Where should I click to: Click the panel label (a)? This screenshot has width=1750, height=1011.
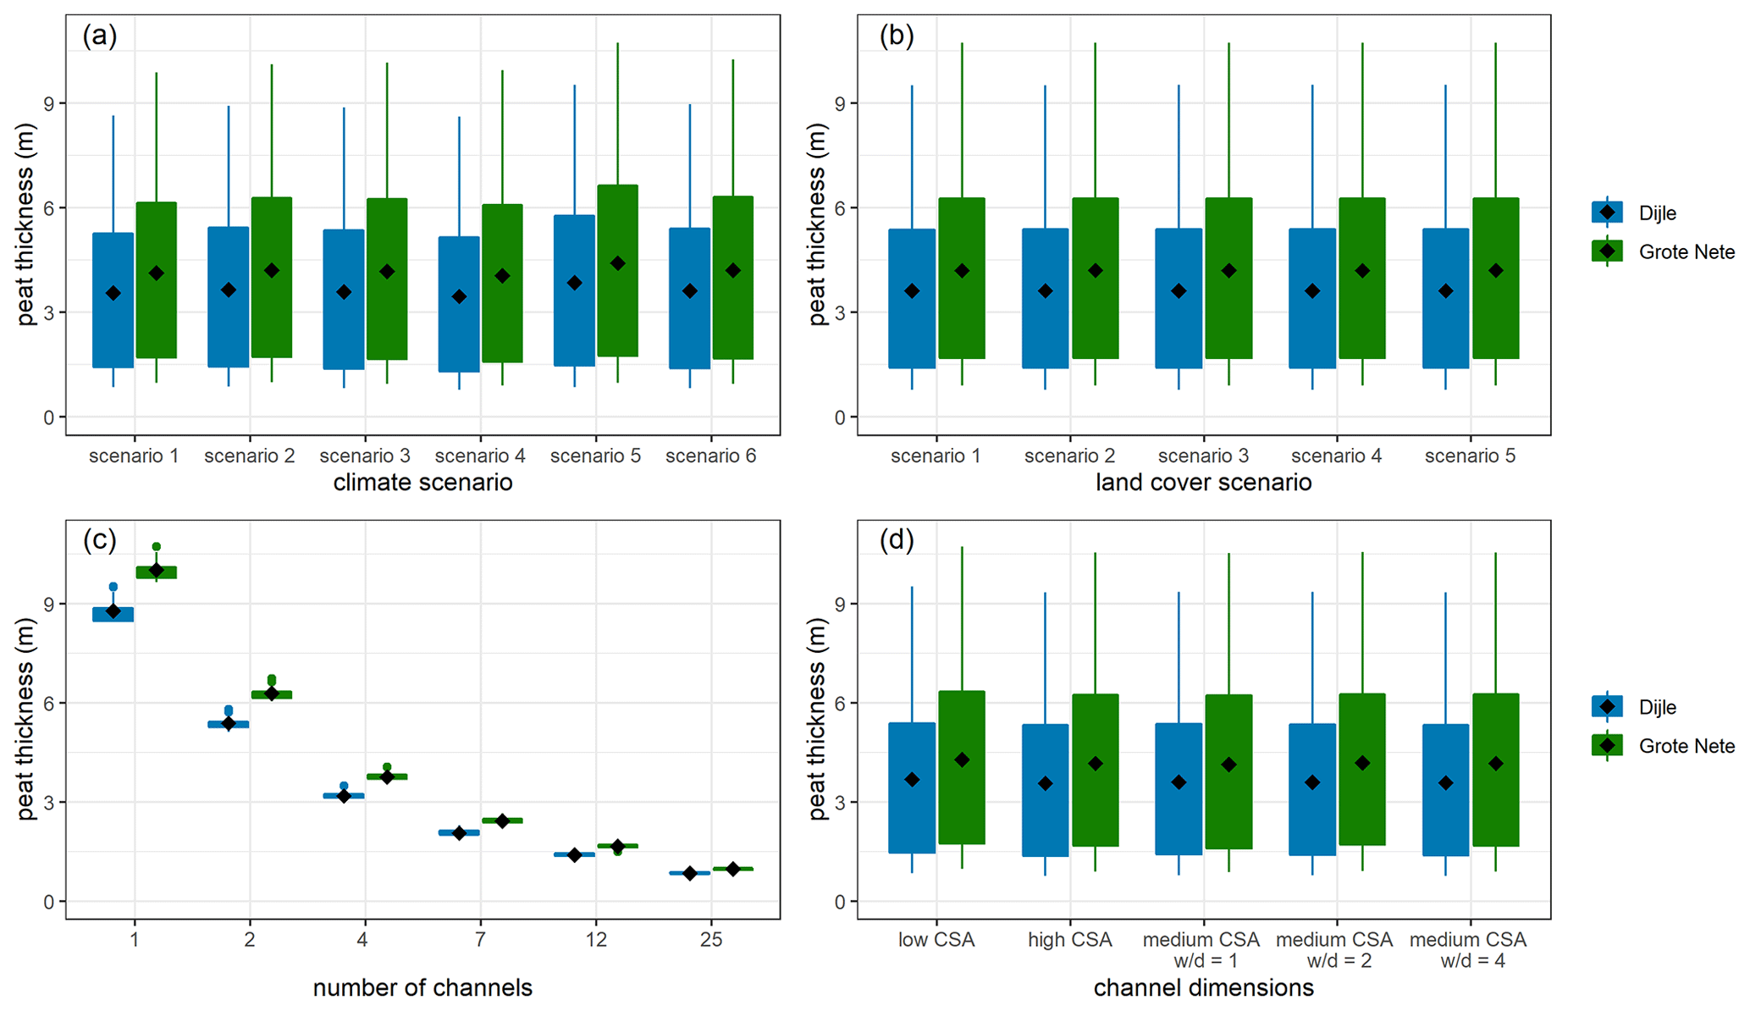(100, 36)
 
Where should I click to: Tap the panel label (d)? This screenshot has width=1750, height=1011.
(897, 540)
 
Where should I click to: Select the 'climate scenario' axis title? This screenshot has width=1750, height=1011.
(422, 483)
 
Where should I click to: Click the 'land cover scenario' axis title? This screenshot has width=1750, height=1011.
(1203, 483)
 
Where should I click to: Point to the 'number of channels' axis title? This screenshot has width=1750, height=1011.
(422, 987)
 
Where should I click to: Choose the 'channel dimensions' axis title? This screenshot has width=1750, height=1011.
(1203, 987)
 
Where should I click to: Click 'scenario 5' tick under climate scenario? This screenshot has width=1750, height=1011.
(595, 456)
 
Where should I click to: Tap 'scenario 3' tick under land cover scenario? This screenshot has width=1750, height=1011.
(1203, 456)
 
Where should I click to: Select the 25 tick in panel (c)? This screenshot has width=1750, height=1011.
(711, 940)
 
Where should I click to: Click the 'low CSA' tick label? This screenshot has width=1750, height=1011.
(936, 940)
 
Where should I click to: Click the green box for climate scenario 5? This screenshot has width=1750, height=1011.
(617, 271)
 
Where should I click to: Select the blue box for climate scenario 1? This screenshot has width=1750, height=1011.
(113, 300)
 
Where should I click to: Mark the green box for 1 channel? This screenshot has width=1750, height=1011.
(157, 572)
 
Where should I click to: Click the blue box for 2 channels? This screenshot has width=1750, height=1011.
(229, 724)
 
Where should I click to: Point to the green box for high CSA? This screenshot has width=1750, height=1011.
(1096, 770)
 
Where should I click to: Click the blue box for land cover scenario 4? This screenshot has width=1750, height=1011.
(1312, 298)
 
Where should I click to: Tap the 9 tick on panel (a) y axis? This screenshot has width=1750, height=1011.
(48, 103)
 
